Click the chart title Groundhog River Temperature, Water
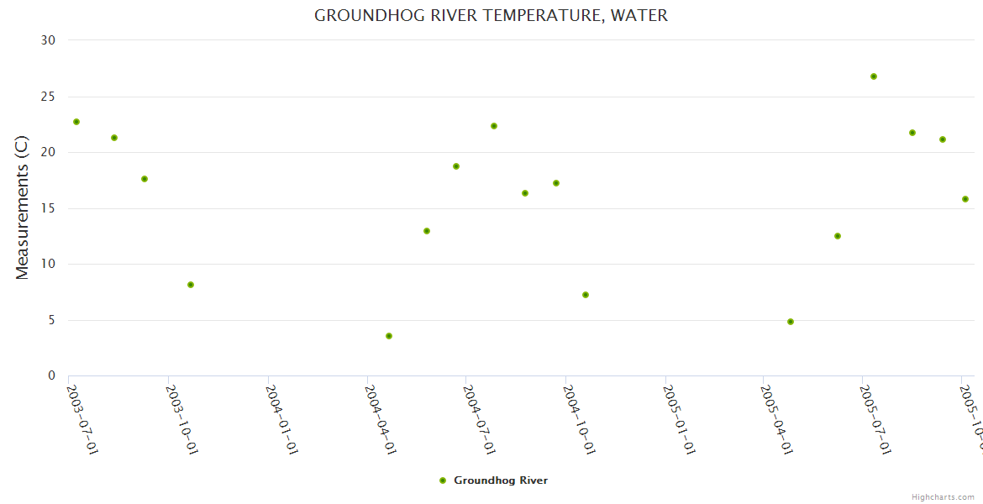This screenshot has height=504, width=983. click(491, 16)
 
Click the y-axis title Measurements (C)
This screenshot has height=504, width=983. click(23, 207)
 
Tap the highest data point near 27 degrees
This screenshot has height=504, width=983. click(874, 76)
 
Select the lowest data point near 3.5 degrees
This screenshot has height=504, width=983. click(389, 336)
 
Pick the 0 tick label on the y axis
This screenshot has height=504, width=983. click(51, 375)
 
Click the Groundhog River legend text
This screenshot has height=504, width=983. click(501, 480)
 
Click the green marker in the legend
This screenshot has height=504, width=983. click(443, 480)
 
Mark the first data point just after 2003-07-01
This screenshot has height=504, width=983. click(76, 122)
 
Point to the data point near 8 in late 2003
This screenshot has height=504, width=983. click(191, 285)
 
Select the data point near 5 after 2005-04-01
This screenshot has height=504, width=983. click(791, 322)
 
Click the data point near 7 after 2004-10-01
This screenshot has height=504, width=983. click(586, 295)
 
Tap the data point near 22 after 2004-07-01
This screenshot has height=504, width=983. click(494, 126)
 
